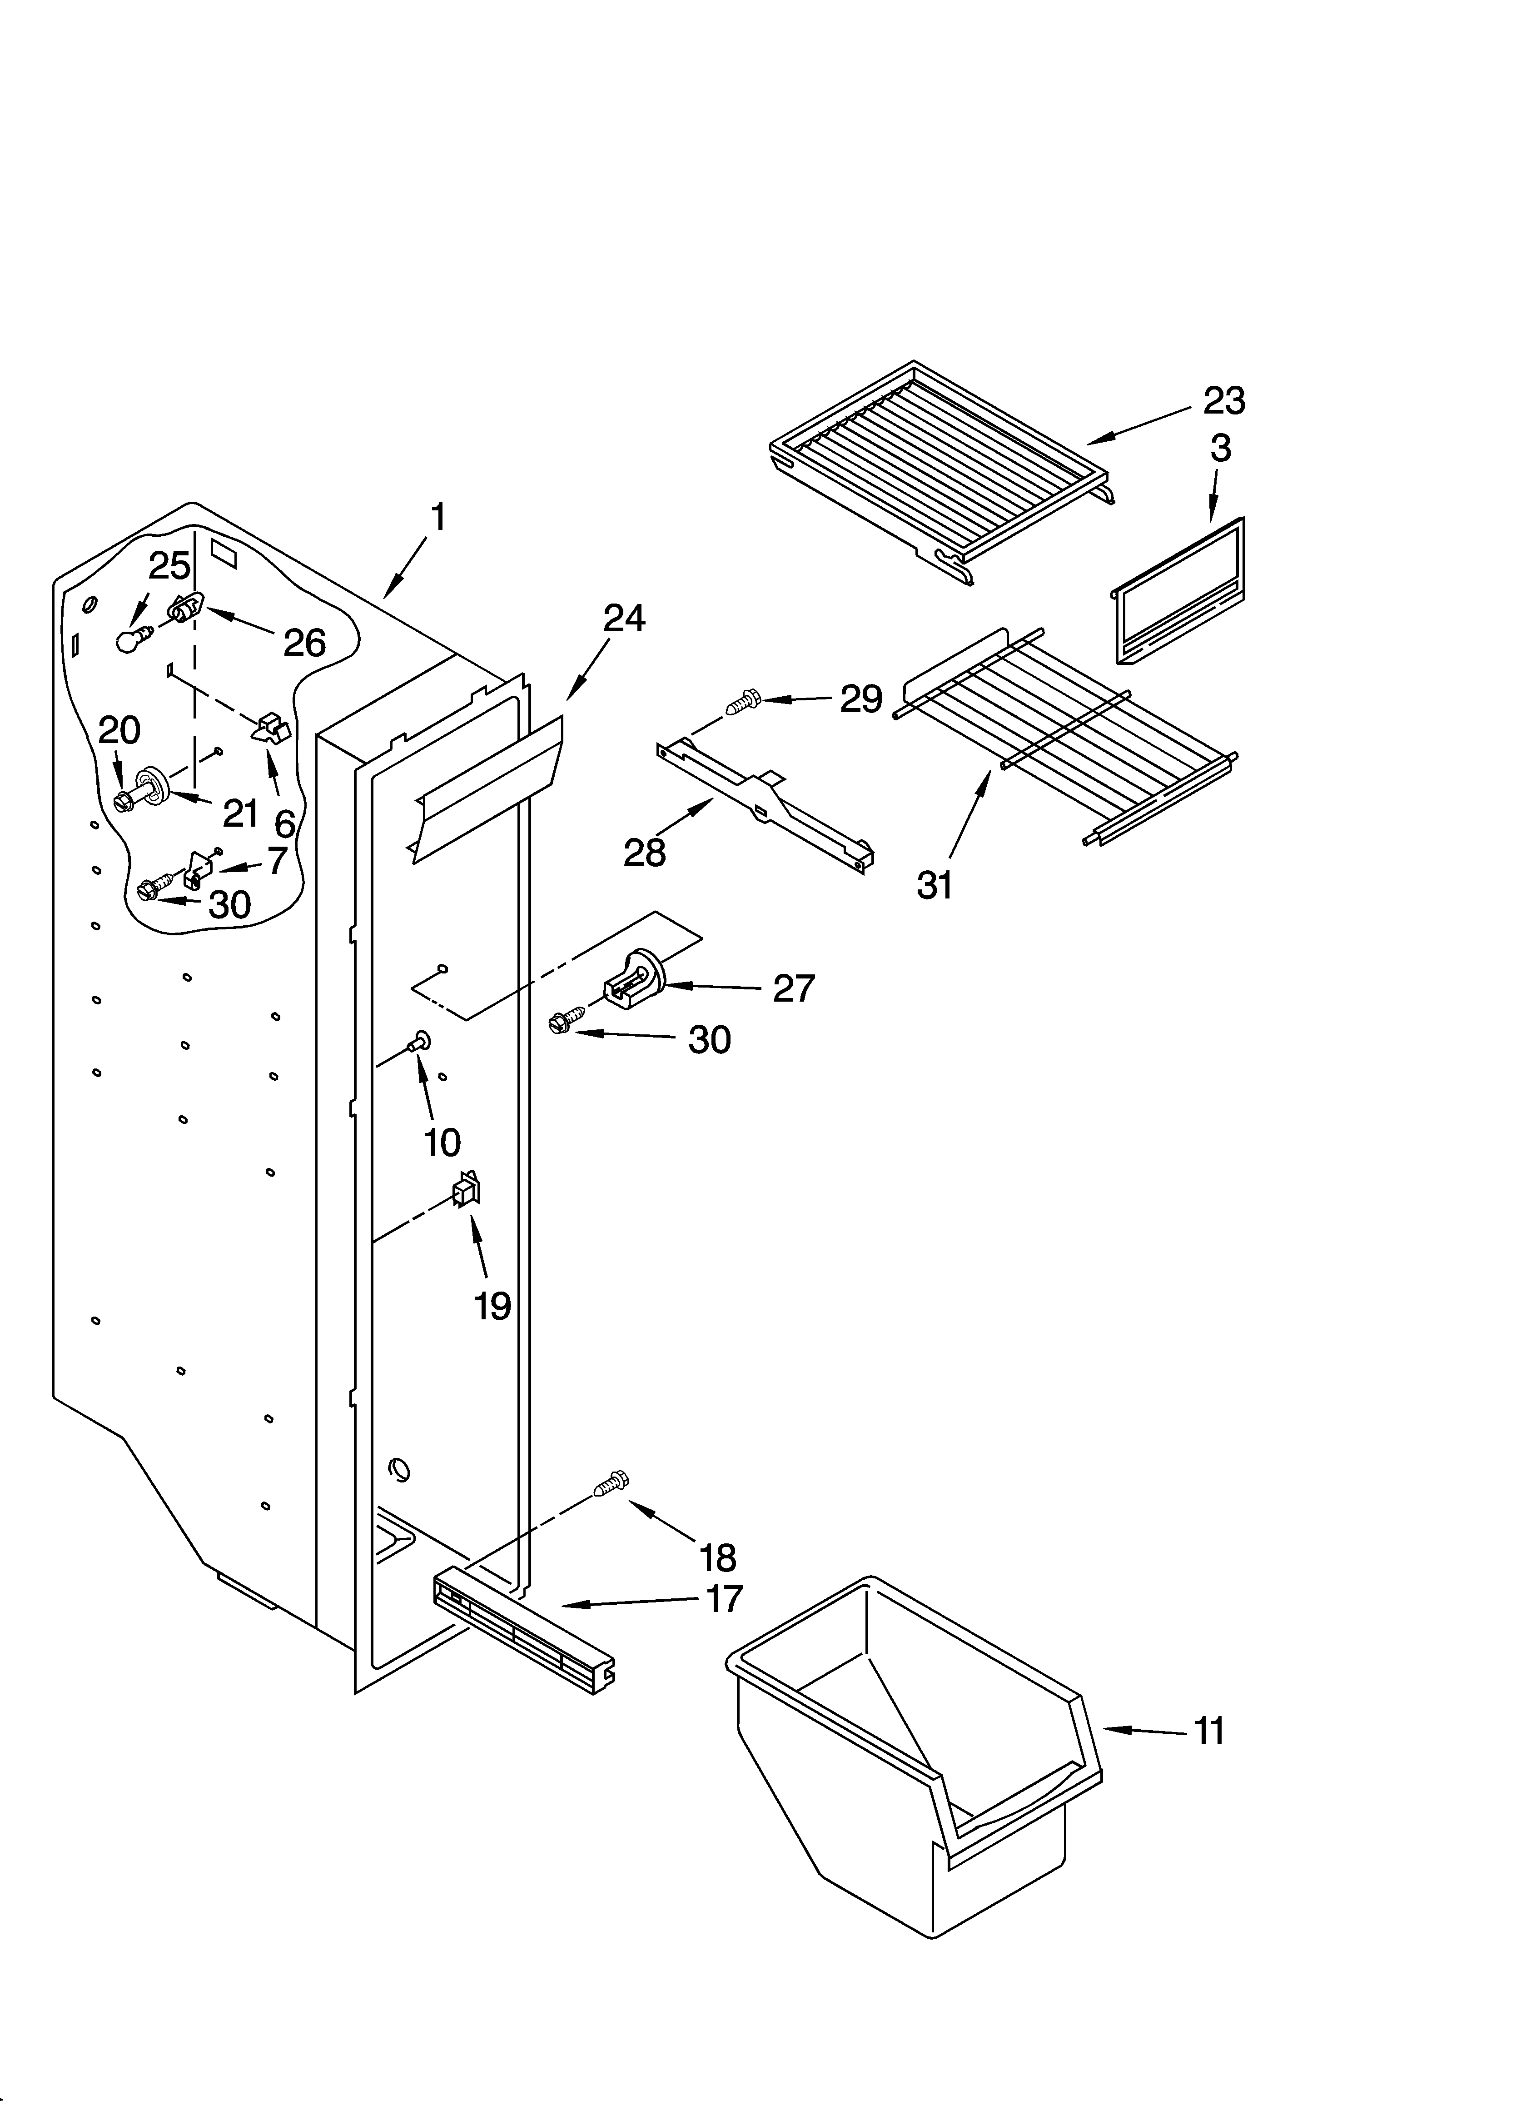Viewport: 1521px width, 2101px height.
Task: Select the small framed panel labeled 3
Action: coord(1178,593)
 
